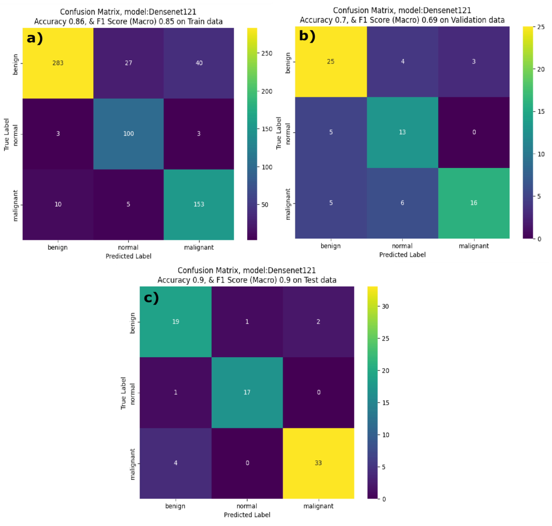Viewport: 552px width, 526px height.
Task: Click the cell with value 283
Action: tap(58, 63)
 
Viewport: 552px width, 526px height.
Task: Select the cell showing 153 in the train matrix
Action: tap(199, 204)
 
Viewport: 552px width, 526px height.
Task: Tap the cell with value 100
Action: tap(128, 134)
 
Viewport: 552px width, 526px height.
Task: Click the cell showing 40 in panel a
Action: tap(199, 63)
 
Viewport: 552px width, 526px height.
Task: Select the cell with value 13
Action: tap(402, 132)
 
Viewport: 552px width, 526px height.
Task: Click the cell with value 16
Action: tap(474, 203)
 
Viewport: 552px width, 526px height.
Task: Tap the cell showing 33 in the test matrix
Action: tap(318, 463)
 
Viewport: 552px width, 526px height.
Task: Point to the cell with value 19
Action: tap(176, 321)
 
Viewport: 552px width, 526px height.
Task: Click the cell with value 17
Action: tap(247, 392)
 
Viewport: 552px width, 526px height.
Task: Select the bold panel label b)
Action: tap(307, 36)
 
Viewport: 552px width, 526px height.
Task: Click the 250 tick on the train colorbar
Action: tap(266, 53)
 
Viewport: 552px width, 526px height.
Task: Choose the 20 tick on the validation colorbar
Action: tap(541, 69)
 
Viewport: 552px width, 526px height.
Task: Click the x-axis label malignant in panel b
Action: tap(474, 246)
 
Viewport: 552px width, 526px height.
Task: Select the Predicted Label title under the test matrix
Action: tap(247, 515)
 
